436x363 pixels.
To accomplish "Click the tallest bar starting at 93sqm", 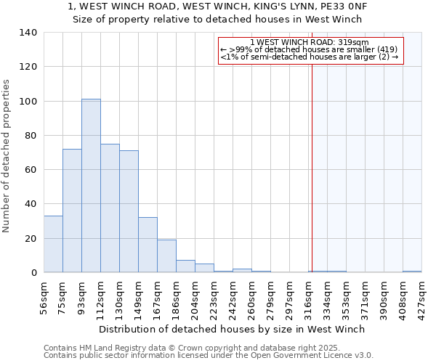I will pyautogui.click(x=91, y=186).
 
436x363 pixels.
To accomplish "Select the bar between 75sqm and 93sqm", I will pyautogui.click(x=72, y=211).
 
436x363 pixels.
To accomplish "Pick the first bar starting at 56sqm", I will pyautogui.click(x=53, y=244).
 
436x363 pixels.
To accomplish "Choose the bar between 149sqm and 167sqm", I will pyautogui.click(x=148, y=245).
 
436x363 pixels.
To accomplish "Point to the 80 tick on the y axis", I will pyautogui.click(x=31, y=136).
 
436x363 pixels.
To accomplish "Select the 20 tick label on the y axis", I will pyautogui.click(x=31, y=238).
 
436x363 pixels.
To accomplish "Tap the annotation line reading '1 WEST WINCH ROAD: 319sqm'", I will pyautogui.click(x=309, y=42).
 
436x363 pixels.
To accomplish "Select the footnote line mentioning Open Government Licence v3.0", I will pyautogui.click(x=209, y=355).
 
